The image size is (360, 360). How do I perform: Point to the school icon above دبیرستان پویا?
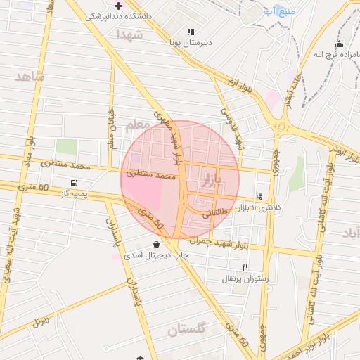click(191, 32)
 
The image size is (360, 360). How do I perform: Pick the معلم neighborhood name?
click(139, 125)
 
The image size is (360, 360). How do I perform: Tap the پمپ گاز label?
click(74, 193)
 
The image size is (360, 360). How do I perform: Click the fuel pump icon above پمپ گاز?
click(74, 183)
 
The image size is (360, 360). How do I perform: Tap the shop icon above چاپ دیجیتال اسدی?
click(155, 245)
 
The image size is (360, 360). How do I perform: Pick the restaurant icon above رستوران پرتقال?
click(245, 267)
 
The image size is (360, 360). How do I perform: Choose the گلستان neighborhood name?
click(187, 328)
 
